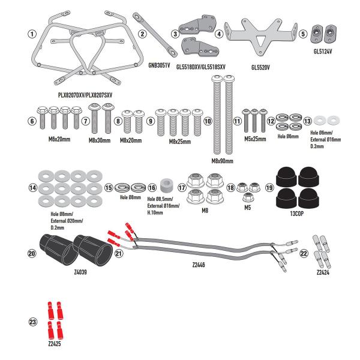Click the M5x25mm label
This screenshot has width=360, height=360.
tap(254, 138)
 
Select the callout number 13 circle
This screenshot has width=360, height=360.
tap(307, 121)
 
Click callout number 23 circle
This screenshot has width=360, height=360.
tap(33, 322)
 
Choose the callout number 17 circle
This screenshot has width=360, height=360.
tap(181, 188)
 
